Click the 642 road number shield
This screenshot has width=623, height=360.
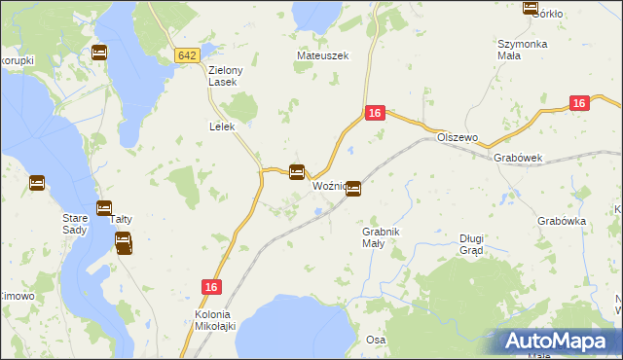(188, 56)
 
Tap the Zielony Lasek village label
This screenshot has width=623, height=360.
(225, 76)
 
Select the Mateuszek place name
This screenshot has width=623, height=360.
(315, 56)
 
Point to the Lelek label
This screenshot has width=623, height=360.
(222, 126)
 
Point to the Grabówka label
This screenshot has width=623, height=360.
(561, 221)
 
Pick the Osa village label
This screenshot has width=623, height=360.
(376, 340)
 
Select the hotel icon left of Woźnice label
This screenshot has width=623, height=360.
(297, 172)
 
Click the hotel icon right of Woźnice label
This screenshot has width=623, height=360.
(354, 188)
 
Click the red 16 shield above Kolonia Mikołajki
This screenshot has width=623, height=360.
(212, 286)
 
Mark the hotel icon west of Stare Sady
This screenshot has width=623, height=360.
(37, 182)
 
